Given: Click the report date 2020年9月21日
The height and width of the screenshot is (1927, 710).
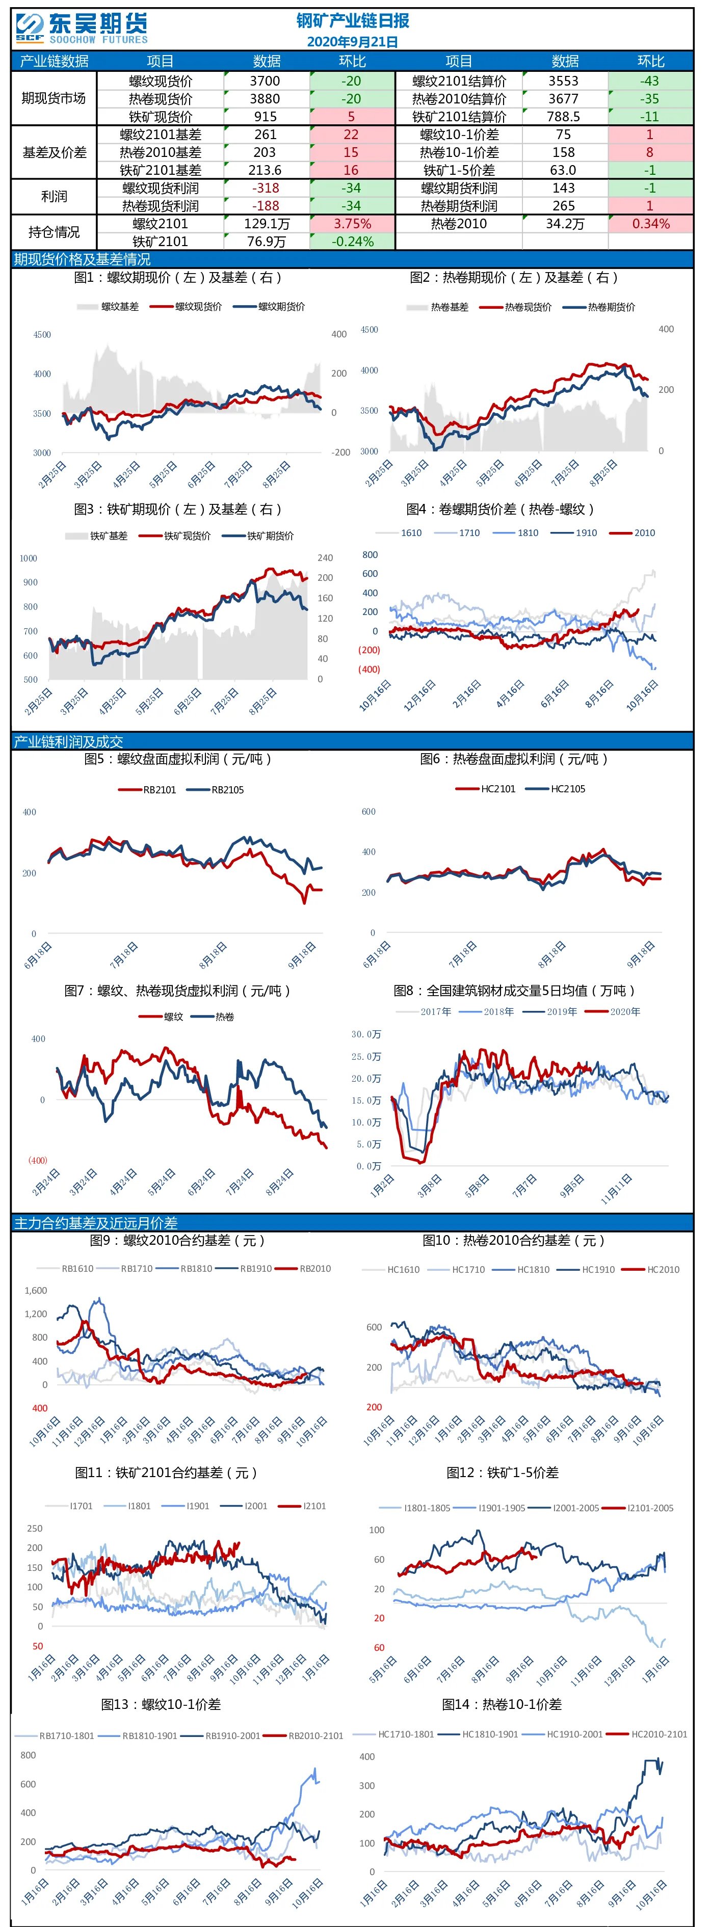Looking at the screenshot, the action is click(352, 42).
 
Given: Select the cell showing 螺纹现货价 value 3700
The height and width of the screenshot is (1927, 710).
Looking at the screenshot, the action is click(266, 81).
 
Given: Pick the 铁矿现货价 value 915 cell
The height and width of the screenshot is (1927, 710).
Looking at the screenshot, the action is click(266, 116).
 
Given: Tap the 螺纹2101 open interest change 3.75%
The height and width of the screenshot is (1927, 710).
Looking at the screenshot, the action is click(352, 224).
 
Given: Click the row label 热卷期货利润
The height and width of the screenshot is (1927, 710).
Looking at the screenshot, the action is click(459, 206).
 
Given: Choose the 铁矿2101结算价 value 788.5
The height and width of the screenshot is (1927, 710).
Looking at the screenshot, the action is click(564, 116).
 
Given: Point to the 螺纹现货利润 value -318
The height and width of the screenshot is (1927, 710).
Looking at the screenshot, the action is click(266, 188).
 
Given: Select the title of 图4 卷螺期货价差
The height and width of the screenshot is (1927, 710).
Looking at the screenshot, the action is click(500, 510).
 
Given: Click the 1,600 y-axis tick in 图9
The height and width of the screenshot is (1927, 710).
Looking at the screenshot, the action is click(36, 1291).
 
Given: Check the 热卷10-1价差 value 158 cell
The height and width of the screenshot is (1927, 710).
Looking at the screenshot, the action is click(564, 152).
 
